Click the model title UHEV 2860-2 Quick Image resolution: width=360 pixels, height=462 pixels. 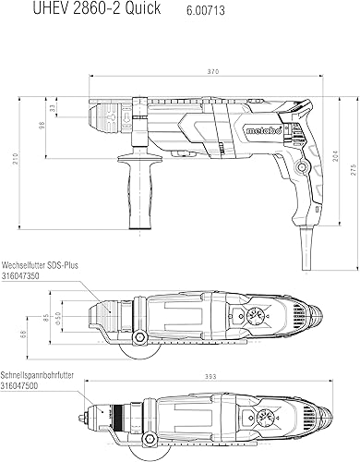97,7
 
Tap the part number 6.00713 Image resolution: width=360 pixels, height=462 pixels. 206,11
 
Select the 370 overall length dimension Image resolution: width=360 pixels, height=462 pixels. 212,71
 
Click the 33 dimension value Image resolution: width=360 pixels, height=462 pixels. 52,108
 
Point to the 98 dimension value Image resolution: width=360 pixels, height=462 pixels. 42,125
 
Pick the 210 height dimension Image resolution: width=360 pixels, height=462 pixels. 16,158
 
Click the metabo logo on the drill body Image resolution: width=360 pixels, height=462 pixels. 264,130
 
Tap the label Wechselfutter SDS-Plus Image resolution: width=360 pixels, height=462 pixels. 40,265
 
